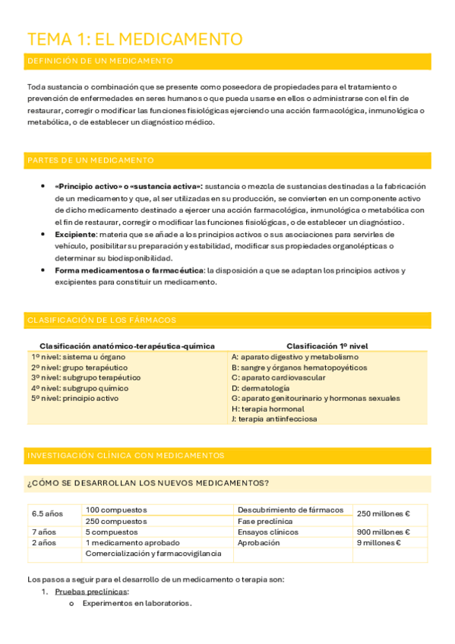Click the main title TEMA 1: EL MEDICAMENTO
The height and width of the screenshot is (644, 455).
134,39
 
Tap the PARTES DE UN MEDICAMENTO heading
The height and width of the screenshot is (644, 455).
90,160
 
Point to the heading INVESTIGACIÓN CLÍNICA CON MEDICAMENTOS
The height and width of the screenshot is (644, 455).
125,456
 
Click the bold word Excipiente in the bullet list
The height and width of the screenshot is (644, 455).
74,235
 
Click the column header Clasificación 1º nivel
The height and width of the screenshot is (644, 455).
327,346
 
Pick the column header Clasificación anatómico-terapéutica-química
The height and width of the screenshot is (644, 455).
127,346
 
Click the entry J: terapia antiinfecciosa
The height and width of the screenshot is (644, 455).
274,419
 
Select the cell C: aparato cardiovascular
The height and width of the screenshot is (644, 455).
278,377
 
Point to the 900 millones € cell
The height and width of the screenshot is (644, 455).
383,532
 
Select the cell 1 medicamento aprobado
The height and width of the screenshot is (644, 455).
133,543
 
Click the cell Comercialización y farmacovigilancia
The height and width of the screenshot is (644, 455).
153,554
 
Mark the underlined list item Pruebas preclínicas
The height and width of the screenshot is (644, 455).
92,592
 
